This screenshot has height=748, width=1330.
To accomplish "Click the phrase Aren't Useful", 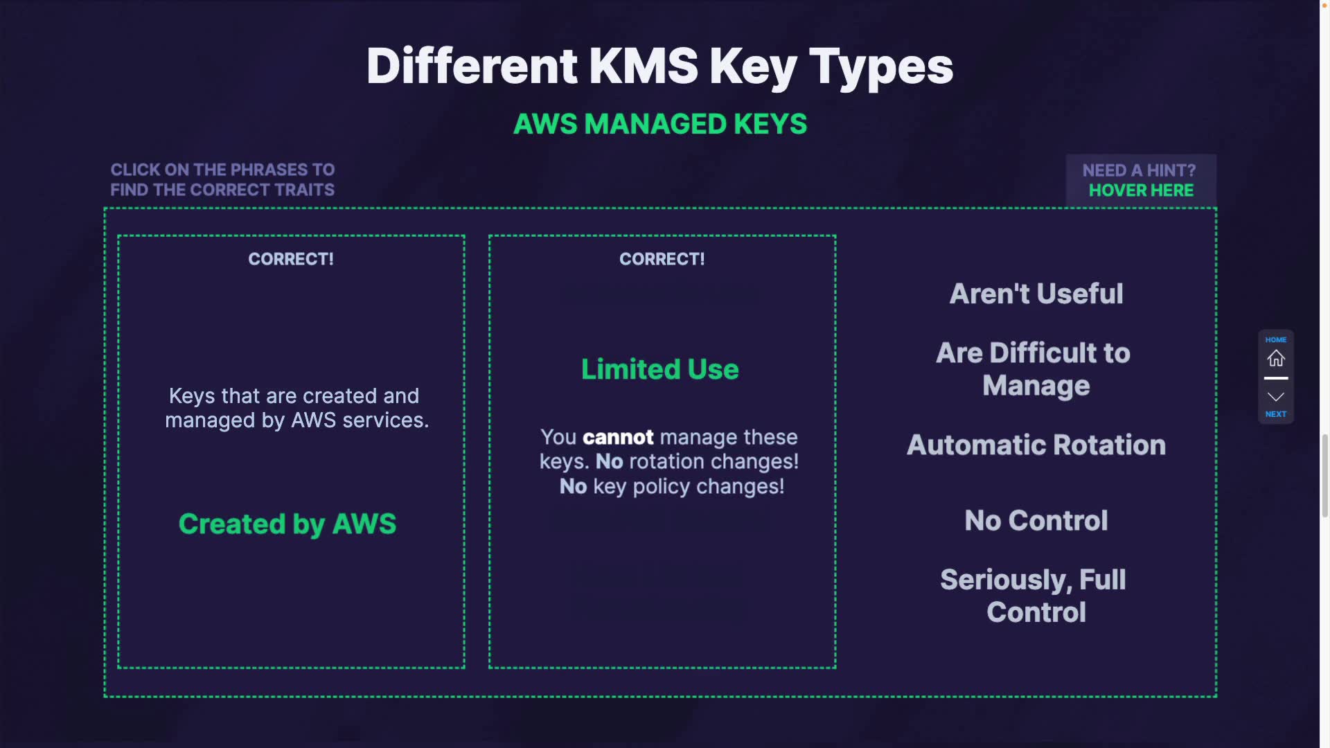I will tap(1036, 294).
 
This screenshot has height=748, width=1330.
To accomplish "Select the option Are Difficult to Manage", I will tap(1035, 369).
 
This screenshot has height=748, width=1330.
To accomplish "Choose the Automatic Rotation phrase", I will tap(1036, 445).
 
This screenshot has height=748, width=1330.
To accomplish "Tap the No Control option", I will tap(1036, 520).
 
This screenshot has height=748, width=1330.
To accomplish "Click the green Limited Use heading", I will tap(659, 369).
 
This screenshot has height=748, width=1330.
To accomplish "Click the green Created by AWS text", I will tap(287, 524).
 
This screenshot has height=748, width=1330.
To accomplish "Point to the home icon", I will tap(1275, 358).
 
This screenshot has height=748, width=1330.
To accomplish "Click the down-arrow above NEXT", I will tap(1275, 397).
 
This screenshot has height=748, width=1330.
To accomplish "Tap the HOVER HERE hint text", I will tap(1141, 190).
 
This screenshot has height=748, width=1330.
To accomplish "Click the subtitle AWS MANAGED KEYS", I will tap(659, 125).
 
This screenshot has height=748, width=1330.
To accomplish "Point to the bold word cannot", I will tap(618, 438).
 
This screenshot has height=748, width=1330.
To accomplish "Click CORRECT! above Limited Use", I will tap(662, 259).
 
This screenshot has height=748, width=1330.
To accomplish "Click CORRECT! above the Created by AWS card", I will tap(291, 259).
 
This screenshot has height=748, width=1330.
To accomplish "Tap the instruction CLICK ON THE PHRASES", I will tap(222, 170).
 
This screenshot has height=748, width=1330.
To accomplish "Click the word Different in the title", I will tap(472, 66).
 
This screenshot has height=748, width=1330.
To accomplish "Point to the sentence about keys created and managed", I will tap(296, 408).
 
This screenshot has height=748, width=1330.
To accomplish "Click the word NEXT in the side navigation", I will tap(1275, 414).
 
